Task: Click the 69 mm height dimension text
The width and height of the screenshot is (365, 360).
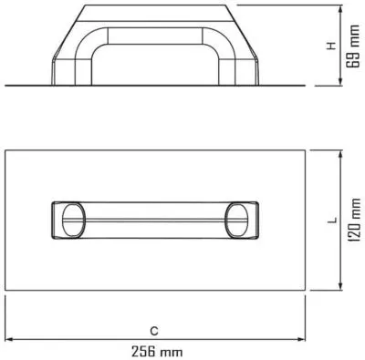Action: point(354,46)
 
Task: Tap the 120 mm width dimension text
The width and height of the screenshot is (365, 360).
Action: point(354,220)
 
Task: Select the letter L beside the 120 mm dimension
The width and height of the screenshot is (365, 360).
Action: point(333,220)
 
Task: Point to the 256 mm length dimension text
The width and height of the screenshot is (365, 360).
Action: point(157,352)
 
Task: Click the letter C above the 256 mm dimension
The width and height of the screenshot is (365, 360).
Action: point(154,331)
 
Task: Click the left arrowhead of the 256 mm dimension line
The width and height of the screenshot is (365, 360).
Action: point(9,339)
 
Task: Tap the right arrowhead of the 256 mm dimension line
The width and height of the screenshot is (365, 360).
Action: point(301,339)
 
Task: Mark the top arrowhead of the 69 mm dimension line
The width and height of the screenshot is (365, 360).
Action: point(341,9)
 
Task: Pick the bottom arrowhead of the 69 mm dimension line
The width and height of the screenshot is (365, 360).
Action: point(341,81)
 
